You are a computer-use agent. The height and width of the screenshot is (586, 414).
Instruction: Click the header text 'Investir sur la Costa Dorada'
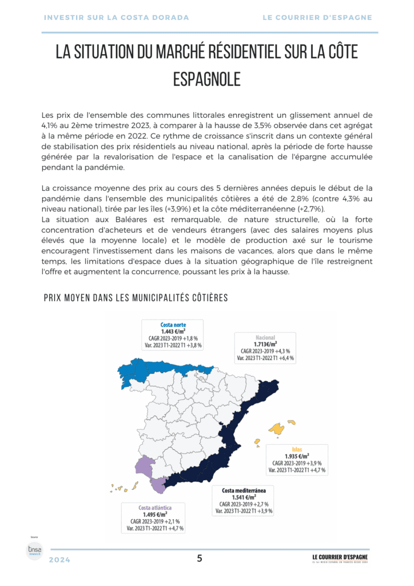pyautogui.click(x=116, y=18)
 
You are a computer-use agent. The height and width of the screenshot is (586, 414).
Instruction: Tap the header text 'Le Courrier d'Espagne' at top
pyautogui.click(x=317, y=18)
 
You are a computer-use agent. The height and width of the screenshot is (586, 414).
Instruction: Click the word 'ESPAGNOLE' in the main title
pyautogui.click(x=206, y=79)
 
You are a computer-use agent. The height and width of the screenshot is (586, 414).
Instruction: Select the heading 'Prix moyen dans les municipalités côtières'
pyautogui.click(x=136, y=298)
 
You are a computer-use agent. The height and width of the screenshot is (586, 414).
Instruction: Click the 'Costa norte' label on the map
pyautogui.click(x=173, y=325)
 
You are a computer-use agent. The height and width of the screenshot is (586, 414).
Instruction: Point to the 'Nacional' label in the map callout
pyautogui.click(x=265, y=338)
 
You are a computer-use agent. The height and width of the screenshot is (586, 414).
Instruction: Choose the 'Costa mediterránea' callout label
pyautogui.click(x=244, y=490)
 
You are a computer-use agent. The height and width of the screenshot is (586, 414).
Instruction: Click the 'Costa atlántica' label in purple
pyautogui.click(x=155, y=508)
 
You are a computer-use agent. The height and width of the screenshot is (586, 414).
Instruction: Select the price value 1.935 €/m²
pyautogui.click(x=297, y=456)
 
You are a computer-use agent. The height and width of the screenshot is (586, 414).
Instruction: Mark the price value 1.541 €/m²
pyautogui.click(x=244, y=497)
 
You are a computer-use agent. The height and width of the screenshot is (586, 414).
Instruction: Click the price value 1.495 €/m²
pyautogui.click(x=155, y=514)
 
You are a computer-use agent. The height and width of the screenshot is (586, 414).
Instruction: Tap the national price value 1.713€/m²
pyautogui.click(x=265, y=345)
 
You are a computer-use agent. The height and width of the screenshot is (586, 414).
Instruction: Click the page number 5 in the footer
pyautogui.click(x=200, y=559)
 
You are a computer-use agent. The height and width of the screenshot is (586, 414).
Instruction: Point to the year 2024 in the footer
pyautogui.click(x=59, y=560)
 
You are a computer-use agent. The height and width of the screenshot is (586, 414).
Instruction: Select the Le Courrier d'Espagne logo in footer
pyautogui.click(x=340, y=558)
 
